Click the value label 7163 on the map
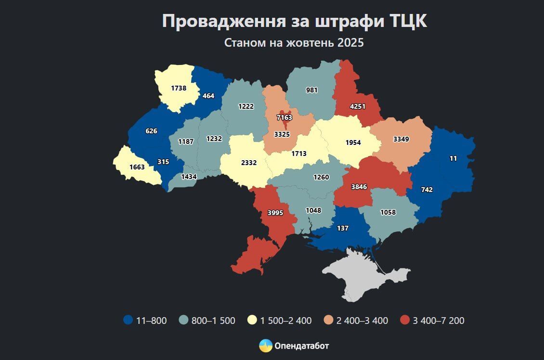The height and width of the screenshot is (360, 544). click(x=284, y=117)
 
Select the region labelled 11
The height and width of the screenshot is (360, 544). click(x=453, y=158)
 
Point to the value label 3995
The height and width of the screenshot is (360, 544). click(x=275, y=212)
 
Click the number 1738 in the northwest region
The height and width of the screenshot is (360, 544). click(x=179, y=88)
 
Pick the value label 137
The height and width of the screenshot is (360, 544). click(x=342, y=228)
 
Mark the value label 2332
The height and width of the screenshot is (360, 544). click(x=249, y=163)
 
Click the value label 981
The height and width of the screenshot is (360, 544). click(x=312, y=90)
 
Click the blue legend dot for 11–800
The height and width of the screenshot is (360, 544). click(x=128, y=320)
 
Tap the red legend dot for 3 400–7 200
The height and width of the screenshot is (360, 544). click(x=404, y=320)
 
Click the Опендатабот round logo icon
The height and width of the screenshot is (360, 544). click(x=266, y=346)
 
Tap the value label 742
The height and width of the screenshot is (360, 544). click(x=427, y=190)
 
